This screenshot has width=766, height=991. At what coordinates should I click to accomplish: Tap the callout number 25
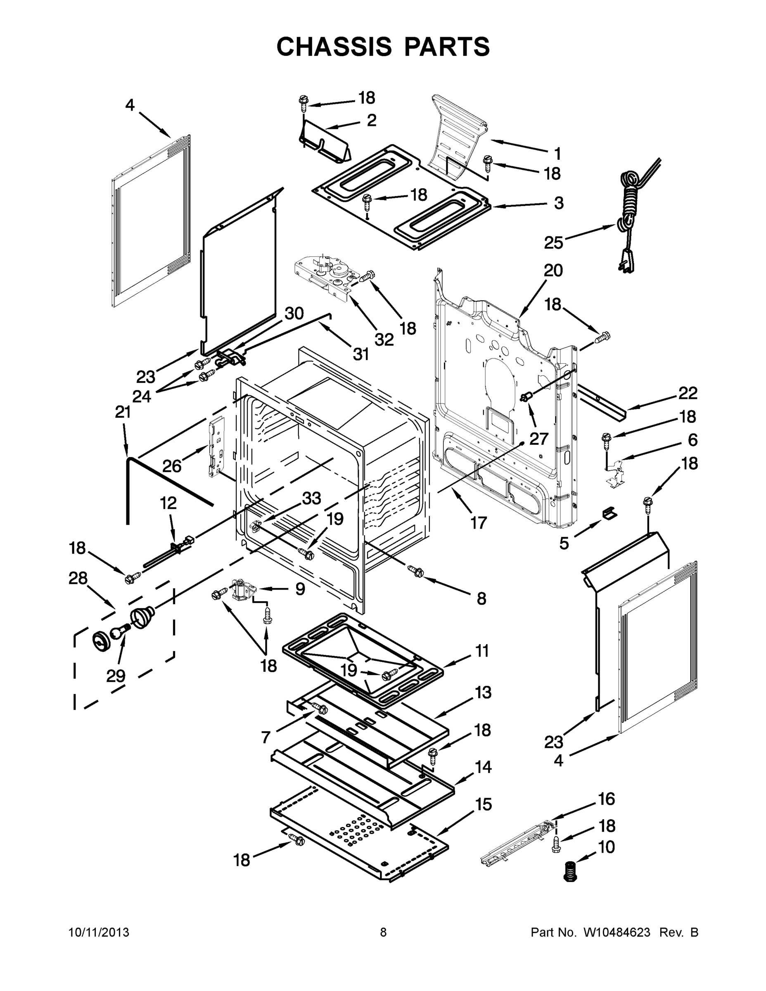554,243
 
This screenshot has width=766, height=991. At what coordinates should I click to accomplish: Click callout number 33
312,498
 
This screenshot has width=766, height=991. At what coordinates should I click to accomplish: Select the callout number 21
123,412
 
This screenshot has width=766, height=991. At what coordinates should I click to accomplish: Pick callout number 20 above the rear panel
553,270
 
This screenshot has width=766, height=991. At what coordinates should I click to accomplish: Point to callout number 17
478,523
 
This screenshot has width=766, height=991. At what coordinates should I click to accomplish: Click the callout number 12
168,503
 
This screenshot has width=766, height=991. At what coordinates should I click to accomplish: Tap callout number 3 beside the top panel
559,203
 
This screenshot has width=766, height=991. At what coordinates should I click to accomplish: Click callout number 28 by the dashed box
78,578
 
